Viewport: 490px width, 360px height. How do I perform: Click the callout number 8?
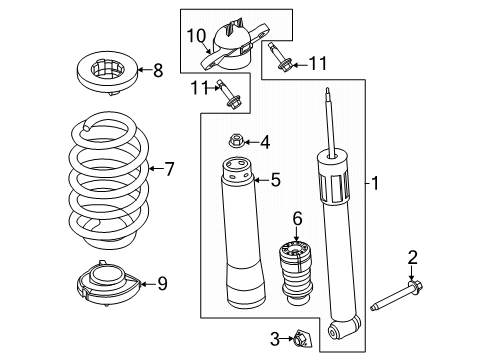pyautogui.click(x=158, y=70)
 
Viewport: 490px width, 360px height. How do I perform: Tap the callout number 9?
pyautogui.click(x=162, y=284)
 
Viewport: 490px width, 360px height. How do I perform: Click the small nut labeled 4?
pyautogui.click(x=236, y=141)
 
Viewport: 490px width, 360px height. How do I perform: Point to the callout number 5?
pyautogui.click(x=275, y=180)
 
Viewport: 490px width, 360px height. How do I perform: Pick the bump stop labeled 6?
pyautogui.click(x=296, y=273)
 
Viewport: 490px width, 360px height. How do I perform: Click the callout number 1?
pyautogui.click(x=375, y=183)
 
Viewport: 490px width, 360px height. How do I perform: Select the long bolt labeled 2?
pyautogui.click(x=396, y=296)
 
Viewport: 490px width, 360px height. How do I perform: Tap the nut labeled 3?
pyautogui.click(x=301, y=339)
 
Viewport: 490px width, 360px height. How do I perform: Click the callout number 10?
pyautogui.click(x=196, y=36)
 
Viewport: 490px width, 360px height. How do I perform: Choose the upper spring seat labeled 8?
pyautogui.click(x=107, y=73)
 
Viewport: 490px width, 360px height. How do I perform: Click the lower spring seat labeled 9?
pyautogui.click(x=109, y=284)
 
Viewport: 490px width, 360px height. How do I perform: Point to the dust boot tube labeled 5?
pyautogui.click(x=243, y=233)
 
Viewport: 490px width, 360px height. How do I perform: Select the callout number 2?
pyautogui.click(x=412, y=258)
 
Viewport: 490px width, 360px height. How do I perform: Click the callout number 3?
pyautogui.click(x=275, y=339)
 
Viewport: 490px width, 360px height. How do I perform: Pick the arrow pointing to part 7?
pyautogui.click(x=155, y=169)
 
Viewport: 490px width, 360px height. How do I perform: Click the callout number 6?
pyautogui.click(x=297, y=219)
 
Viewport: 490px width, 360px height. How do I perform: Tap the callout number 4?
pyautogui.click(x=265, y=143)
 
